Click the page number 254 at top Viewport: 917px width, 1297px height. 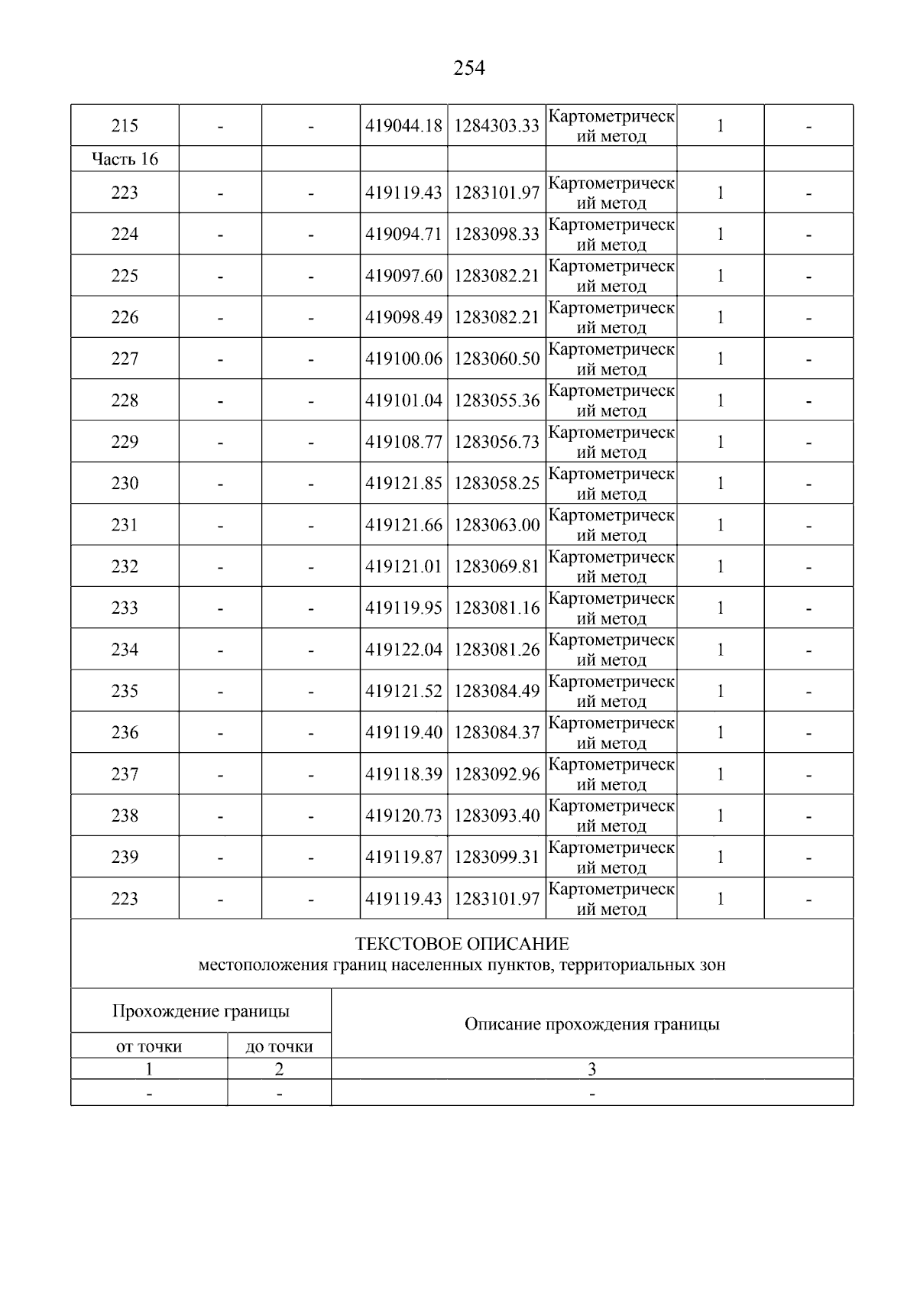click(x=468, y=69)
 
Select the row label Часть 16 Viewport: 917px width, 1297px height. click(x=125, y=159)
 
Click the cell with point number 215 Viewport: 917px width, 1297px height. click(x=125, y=126)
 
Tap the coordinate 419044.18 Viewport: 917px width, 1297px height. click(x=403, y=126)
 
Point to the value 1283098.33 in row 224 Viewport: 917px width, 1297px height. click(x=497, y=234)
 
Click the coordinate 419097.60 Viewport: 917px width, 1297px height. click(x=403, y=276)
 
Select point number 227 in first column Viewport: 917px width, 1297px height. click(x=125, y=358)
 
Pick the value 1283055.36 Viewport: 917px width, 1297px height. click(x=497, y=400)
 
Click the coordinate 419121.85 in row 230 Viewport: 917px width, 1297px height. click(x=403, y=483)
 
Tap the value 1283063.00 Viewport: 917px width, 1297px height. click(x=497, y=525)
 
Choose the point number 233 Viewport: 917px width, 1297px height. click(x=125, y=608)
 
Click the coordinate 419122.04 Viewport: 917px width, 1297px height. click(x=403, y=650)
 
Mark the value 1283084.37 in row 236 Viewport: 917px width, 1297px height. click(x=497, y=732)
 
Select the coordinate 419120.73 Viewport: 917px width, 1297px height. click(x=403, y=815)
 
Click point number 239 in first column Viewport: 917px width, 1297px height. click(x=125, y=857)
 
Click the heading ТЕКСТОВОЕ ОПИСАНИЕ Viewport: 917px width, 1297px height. click(x=462, y=944)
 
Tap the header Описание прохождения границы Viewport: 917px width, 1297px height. click(x=591, y=1024)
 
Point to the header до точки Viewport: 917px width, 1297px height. click(x=279, y=1046)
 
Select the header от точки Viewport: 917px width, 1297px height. click(x=149, y=1046)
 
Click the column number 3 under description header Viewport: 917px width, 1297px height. click(x=591, y=1069)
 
